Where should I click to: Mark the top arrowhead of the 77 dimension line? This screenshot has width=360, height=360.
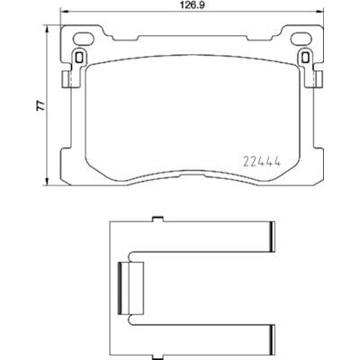pos(47,27)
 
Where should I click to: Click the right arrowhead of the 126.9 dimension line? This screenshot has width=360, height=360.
pos(325,16)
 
